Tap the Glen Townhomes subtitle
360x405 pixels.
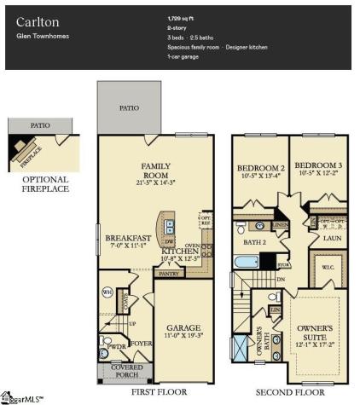(41, 37)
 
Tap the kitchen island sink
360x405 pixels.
(170, 229)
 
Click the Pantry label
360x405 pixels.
(169, 274)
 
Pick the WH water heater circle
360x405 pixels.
(107, 292)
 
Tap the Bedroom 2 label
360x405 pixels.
(260, 168)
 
